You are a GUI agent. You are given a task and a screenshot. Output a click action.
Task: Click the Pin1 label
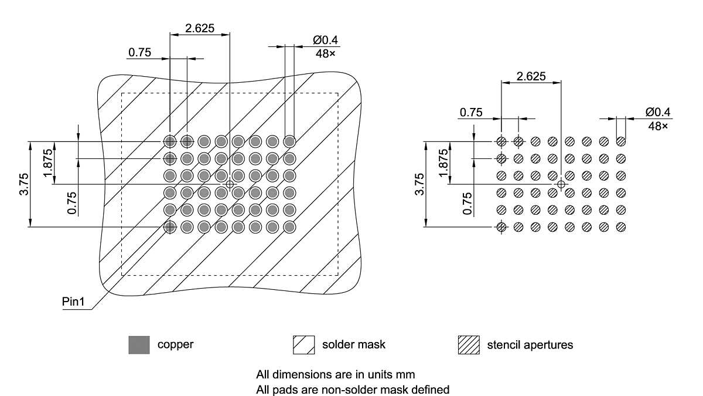click(74, 302)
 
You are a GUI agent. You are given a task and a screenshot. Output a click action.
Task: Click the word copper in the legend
click(175, 345)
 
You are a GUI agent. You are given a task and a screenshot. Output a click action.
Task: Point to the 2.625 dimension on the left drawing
click(200, 27)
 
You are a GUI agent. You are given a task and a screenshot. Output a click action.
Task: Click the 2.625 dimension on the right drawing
click(531, 76)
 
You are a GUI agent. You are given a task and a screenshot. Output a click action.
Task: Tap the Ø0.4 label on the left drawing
click(326, 40)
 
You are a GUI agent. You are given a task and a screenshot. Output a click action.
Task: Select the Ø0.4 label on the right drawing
click(657, 112)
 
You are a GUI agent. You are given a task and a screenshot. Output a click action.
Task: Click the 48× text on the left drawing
click(326, 53)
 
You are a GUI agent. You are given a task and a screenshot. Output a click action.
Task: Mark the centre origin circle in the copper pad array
click(230, 184)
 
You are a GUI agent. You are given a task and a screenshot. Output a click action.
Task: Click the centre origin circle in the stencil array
click(561, 184)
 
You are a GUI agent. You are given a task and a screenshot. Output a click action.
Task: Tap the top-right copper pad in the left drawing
click(289, 141)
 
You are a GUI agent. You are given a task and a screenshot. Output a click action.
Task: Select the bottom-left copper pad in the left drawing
click(170, 227)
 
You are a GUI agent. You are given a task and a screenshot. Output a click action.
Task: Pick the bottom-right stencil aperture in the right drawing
click(621, 227)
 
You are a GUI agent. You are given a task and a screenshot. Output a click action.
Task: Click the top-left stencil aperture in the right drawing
click(501, 141)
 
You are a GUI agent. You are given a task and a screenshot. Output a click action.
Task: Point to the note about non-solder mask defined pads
click(353, 388)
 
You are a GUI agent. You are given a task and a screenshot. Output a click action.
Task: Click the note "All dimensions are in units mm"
click(336, 374)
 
